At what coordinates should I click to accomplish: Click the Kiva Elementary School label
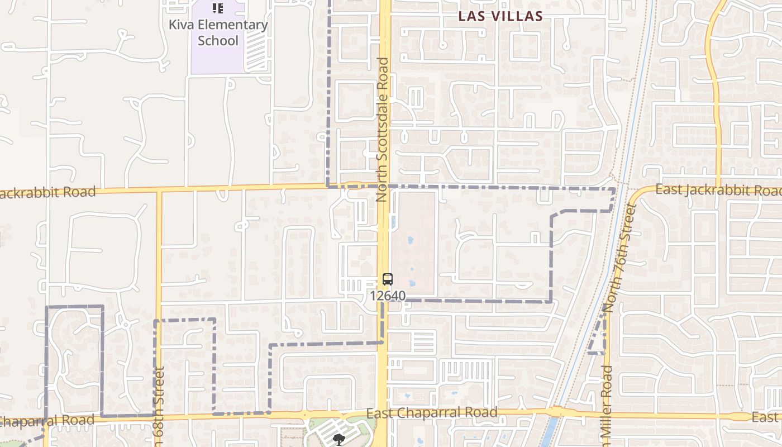click(218, 32)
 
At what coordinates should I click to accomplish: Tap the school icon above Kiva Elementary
click(218, 8)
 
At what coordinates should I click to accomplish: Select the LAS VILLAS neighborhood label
click(500, 16)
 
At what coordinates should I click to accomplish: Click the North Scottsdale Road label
click(383, 129)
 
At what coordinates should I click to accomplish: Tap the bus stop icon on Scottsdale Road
click(388, 279)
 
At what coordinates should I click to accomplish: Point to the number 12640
click(388, 295)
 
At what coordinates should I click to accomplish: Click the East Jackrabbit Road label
click(718, 190)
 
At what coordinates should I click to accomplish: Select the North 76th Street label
click(620, 258)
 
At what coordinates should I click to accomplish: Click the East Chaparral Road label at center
click(432, 413)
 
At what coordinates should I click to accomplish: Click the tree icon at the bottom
click(338, 440)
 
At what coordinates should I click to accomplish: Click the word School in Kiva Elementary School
click(218, 41)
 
